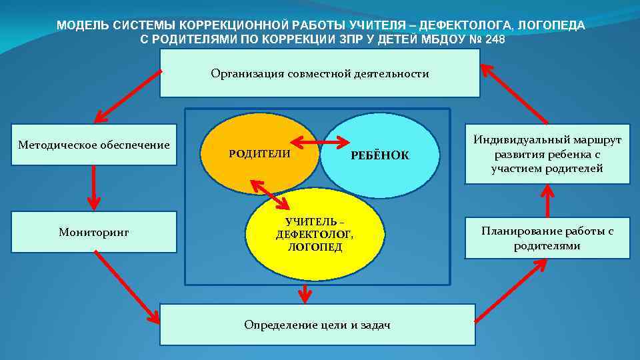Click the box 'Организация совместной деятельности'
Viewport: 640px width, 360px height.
(320, 73)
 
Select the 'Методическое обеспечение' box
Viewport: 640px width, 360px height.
(94, 145)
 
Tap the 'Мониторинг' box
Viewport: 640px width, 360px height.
(94, 232)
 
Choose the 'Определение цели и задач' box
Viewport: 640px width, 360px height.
(317, 325)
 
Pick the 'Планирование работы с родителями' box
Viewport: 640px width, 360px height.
(547, 238)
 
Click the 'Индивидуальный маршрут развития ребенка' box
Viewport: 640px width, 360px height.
(547, 154)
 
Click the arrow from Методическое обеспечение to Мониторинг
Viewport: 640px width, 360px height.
(94, 187)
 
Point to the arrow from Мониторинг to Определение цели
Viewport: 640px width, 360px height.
(127, 287)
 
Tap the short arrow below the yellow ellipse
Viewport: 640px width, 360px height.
(305, 293)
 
